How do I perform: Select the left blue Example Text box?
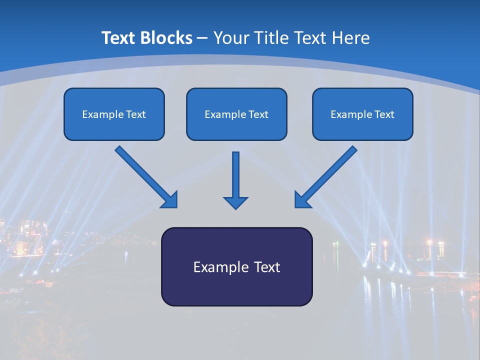114,114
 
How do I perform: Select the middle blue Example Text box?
236,114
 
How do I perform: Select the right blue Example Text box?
362,114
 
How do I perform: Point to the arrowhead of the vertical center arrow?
235,202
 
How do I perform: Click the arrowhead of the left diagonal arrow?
170,200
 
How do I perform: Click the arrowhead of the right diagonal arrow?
302,200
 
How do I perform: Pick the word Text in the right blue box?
384,114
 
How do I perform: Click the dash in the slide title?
203,38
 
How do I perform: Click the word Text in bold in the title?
118,37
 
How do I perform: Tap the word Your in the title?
230,37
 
